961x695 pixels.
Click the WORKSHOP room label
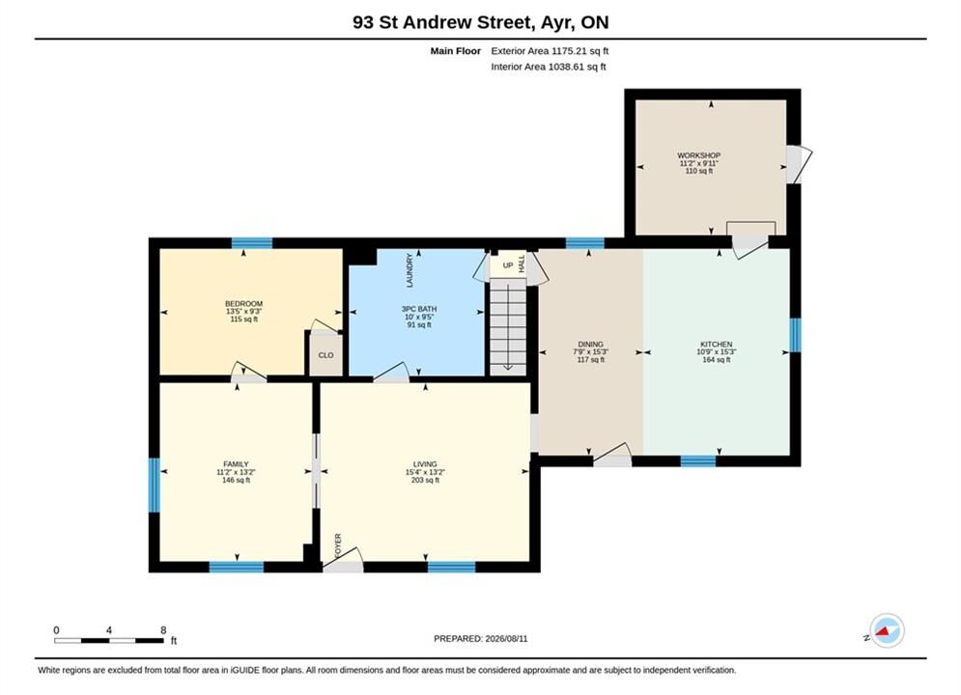click(x=698, y=155)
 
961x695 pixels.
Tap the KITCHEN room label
click(x=716, y=345)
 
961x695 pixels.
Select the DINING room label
click(x=590, y=345)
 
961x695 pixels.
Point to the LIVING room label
click(x=425, y=464)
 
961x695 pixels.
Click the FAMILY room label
click(x=236, y=464)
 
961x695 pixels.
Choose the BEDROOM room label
click(x=243, y=304)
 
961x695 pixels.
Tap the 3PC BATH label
click(x=419, y=309)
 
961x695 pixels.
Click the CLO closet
click(x=325, y=354)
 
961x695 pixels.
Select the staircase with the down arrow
click(x=508, y=326)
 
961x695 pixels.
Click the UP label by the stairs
click(x=508, y=265)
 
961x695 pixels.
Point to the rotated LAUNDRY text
click(x=410, y=270)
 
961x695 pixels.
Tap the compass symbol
click(x=887, y=630)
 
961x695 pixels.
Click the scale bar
click(x=109, y=641)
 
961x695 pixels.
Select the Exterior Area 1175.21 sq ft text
click(x=550, y=51)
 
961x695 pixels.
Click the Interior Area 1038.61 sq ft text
click(x=549, y=67)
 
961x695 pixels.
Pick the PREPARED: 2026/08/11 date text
click(x=481, y=639)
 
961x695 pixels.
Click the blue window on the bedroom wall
click(x=252, y=243)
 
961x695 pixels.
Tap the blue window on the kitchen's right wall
click(x=795, y=335)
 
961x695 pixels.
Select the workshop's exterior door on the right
click(x=798, y=164)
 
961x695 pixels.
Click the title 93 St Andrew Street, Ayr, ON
click(x=481, y=22)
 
